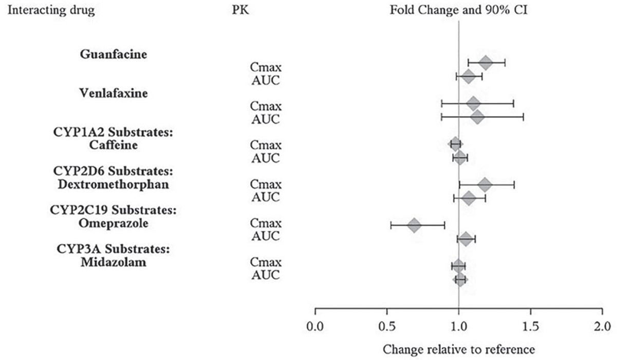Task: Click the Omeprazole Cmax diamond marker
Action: pyautogui.click(x=414, y=225)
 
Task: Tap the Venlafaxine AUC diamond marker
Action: pyautogui.click(x=477, y=117)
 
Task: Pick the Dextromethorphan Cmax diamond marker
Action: pyautogui.click(x=484, y=184)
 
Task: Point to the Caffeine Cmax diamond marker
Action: pyautogui.click(x=455, y=144)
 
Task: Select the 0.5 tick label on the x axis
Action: pyautogui.click(x=386, y=326)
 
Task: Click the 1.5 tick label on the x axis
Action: pyautogui.click(x=530, y=326)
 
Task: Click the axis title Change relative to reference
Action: pyautogui.click(x=459, y=350)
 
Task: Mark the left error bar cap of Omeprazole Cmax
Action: pyautogui.click(x=391, y=225)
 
